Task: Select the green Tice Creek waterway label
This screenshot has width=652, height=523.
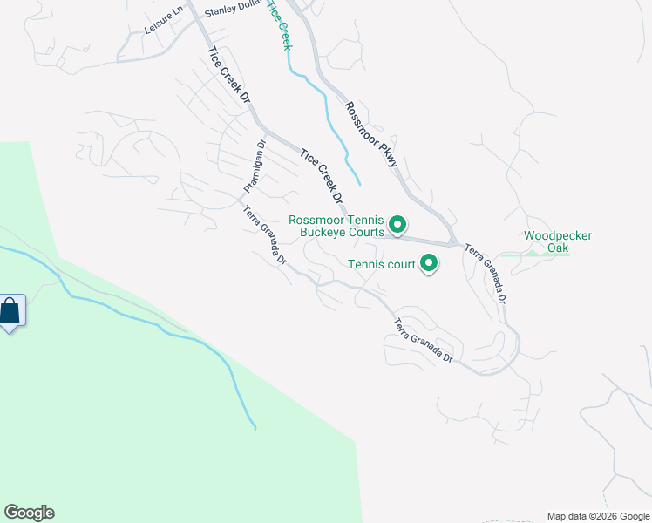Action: click(x=277, y=24)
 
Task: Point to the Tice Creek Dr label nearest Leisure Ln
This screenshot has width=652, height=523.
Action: click(x=228, y=77)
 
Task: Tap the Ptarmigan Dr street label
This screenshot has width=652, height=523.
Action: click(x=254, y=166)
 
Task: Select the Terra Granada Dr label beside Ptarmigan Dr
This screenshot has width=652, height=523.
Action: click(x=264, y=235)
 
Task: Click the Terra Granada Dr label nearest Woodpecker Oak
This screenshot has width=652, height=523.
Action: click(x=486, y=273)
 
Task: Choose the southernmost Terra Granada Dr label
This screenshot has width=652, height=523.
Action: click(x=424, y=341)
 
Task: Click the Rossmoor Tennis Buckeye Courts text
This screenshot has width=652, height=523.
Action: click(x=336, y=227)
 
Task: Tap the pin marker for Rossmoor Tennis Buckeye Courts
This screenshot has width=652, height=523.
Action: click(x=397, y=226)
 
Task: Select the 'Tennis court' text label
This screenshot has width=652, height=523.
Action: click(x=383, y=264)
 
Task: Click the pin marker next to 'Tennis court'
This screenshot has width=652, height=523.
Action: click(x=429, y=261)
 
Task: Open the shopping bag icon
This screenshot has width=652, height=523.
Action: click(x=10, y=311)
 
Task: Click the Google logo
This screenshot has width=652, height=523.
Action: click(x=29, y=513)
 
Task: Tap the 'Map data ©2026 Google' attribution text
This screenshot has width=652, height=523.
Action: click(x=597, y=516)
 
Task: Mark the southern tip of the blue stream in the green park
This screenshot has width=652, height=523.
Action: click(x=255, y=428)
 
